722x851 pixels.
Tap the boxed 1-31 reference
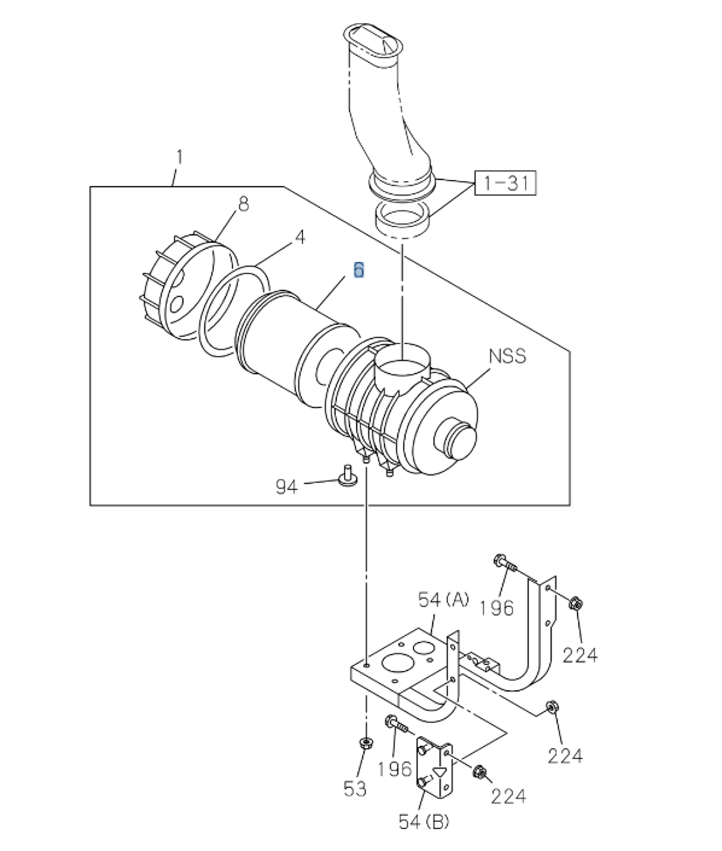[x=506, y=182]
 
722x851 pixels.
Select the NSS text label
[x=507, y=356]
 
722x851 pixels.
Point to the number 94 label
[x=287, y=486]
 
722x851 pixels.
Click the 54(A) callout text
[x=443, y=600]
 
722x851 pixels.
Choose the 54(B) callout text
[x=424, y=821]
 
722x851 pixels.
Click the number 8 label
[x=243, y=204]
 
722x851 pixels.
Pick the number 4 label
[x=299, y=237]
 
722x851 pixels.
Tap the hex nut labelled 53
[x=365, y=743]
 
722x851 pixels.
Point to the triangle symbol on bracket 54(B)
[x=441, y=772]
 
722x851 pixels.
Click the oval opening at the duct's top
[x=373, y=40]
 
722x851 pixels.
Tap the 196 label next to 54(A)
[x=496, y=608]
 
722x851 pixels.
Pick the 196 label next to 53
[x=395, y=768]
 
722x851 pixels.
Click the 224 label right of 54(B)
[x=508, y=796]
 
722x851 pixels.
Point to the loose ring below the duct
[x=403, y=218]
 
